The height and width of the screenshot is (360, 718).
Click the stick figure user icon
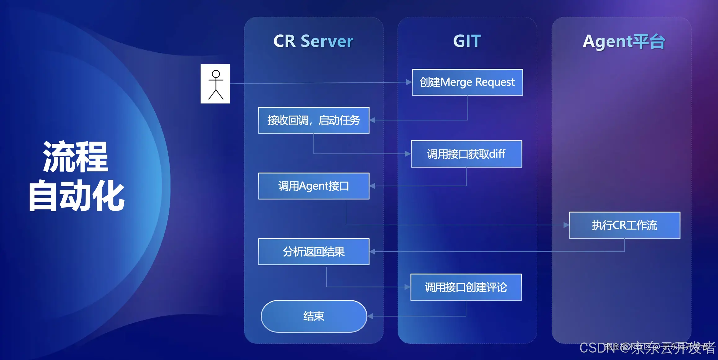(x=215, y=84)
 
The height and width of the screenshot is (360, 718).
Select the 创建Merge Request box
(x=467, y=82)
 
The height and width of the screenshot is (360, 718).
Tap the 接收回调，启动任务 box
(x=314, y=120)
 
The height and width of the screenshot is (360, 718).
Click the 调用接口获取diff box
(x=466, y=154)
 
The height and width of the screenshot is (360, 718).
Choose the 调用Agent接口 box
(x=314, y=186)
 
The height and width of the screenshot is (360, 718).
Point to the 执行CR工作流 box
(x=624, y=225)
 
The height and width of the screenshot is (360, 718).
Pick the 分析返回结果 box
(x=314, y=252)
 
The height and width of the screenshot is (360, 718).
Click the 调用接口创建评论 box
(x=466, y=287)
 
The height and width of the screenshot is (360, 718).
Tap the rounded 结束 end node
(x=314, y=316)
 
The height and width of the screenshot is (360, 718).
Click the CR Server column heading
(x=313, y=41)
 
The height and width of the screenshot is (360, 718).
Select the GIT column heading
(x=467, y=41)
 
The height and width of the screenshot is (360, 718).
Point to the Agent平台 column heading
(x=624, y=42)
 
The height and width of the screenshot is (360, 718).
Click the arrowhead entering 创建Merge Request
(x=409, y=82)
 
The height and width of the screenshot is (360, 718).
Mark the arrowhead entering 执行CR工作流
(x=566, y=225)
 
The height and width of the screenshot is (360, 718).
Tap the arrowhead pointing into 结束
(x=370, y=316)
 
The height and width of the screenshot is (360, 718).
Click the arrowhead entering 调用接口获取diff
(x=408, y=154)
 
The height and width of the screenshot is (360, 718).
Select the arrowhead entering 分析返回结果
(x=372, y=252)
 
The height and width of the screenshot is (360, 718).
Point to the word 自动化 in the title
(x=76, y=196)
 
